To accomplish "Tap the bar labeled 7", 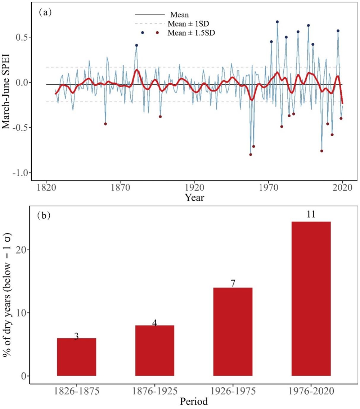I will click(x=233, y=332).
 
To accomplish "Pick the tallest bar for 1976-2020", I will click(x=311, y=299).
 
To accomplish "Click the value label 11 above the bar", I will click(x=311, y=215).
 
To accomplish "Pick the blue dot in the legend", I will click(x=143, y=33).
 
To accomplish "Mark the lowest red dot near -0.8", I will click(x=251, y=155).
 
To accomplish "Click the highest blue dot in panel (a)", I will click(x=277, y=22).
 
